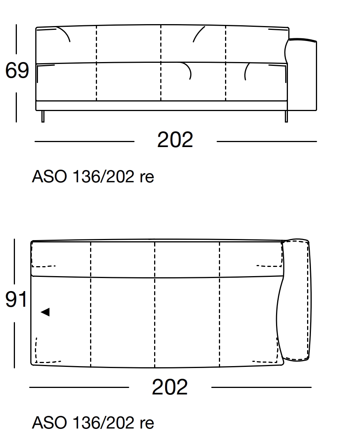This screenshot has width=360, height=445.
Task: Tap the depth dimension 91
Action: click(x=16, y=299)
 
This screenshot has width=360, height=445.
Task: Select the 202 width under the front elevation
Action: click(x=175, y=140)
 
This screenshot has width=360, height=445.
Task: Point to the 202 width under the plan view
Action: click(x=170, y=387)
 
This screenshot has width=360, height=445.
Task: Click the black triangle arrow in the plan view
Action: click(x=45, y=312)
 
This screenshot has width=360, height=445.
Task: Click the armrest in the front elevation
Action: click(x=303, y=75)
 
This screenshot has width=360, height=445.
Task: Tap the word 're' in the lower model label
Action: click(x=147, y=423)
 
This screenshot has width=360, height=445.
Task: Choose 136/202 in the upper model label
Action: click(x=103, y=177)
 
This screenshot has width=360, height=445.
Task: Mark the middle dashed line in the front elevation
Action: click(x=161, y=63)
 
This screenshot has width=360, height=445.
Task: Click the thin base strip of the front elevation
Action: click(x=161, y=106)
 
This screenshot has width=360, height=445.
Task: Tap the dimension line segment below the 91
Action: click(x=15, y=345)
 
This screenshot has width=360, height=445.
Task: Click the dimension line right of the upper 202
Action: click(x=266, y=141)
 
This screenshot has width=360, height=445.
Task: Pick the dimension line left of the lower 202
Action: click(x=79, y=387)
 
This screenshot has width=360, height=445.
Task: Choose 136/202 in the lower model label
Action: click(x=103, y=423)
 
